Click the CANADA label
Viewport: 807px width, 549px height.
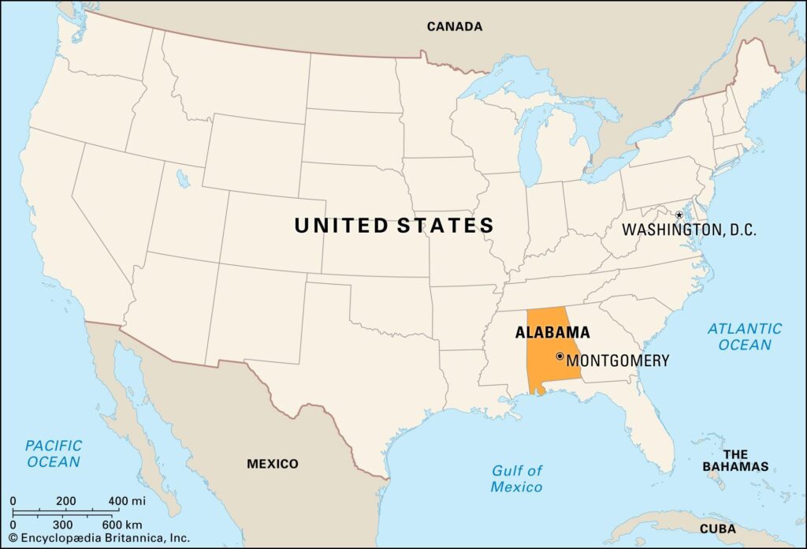click(x=454, y=26)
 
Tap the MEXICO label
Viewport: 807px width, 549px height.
click(x=273, y=464)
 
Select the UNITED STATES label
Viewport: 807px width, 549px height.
click(x=394, y=226)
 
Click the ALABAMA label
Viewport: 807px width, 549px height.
click(x=552, y=332)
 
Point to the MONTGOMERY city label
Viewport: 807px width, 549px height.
click(x=618, y=360)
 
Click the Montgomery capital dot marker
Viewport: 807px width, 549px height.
click(x=560, y=357)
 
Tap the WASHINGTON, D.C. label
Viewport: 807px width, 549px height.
click(x=689, y=230)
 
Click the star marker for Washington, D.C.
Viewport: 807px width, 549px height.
click(x=679, y=215)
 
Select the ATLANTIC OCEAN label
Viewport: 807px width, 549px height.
click(x=745, y=337)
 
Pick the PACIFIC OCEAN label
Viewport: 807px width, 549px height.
click(x=54, y=454)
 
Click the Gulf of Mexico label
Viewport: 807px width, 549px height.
click(x=517, y=479)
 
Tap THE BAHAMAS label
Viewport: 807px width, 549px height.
click(x=735, y=461)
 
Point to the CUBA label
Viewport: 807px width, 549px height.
click(x=717, y=528)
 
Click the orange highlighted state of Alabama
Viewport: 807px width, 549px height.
click(x=544, y=359)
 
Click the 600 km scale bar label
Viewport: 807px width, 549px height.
click(x=122, y=524)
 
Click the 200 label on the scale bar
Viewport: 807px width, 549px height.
click(x=65, y=501)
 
